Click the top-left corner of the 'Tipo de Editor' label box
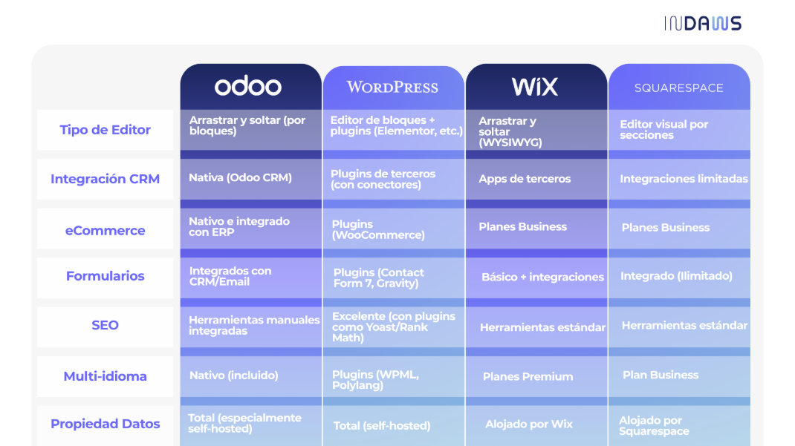point(37,110)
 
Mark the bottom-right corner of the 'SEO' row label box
point(173,347)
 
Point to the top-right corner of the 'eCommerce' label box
point(173,209)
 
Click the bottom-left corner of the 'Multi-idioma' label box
point(37,396)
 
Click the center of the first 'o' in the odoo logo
point(223,87)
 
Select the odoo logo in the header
point(248,85)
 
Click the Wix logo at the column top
point(534,86)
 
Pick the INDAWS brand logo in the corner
point(703,23)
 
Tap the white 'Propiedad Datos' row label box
point(106,425)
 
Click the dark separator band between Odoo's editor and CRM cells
point(251,154)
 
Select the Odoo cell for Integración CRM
point(251,179)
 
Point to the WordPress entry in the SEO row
point(394,327)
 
